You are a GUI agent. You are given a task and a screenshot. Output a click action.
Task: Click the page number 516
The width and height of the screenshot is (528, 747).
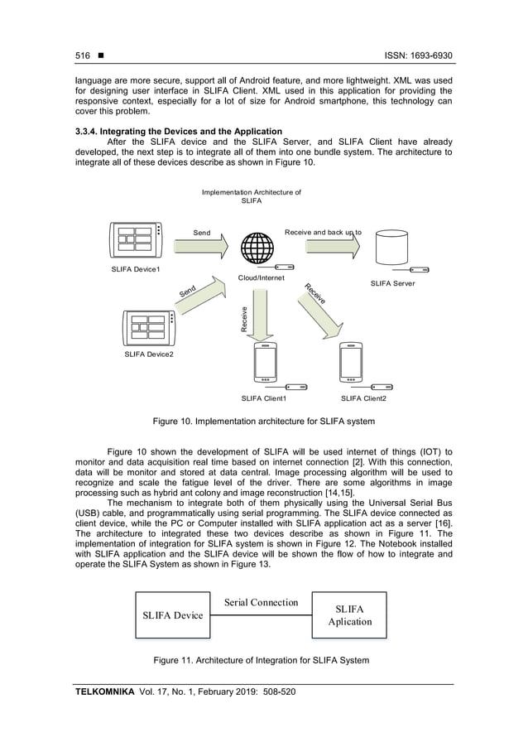[x=82, y=55]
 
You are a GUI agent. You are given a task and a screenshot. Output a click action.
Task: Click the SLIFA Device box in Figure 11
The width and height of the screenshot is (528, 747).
[x=172, y=614]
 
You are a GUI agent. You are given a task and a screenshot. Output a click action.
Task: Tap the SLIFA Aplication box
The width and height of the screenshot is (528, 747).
[x=348, y=614]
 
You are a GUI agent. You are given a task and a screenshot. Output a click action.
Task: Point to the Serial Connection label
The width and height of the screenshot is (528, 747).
[x=262, y=602]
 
